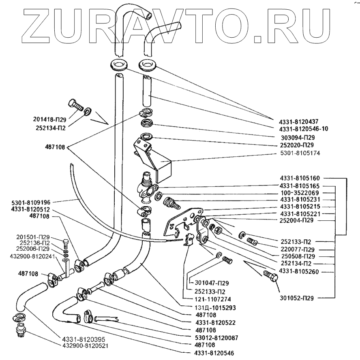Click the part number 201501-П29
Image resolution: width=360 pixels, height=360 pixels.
tap(34, 237)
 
